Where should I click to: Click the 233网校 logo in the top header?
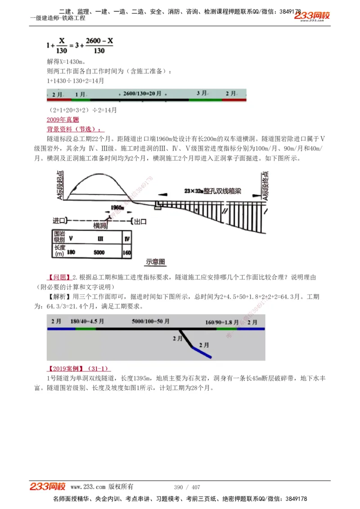(x=312, y=16)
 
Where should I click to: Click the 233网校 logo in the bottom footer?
(x=48, y=487)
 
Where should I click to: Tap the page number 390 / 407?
(x=187, y=487)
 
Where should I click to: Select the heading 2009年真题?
(x=63, y=120)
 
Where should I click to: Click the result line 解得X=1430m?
(x=66, y=61)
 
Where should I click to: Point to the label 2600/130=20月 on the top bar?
(x=142, y=94)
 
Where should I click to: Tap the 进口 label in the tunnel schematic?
(x=60, y=221)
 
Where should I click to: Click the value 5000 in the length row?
(x=99, y=253)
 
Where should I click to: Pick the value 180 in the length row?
(x=71, y=253)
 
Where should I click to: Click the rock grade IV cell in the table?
(x=127, y=238)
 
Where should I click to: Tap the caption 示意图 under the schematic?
(x=156, y=262)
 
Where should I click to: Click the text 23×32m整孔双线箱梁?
(x=212, y=191)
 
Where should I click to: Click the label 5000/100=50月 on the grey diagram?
(x=150, y=322)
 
